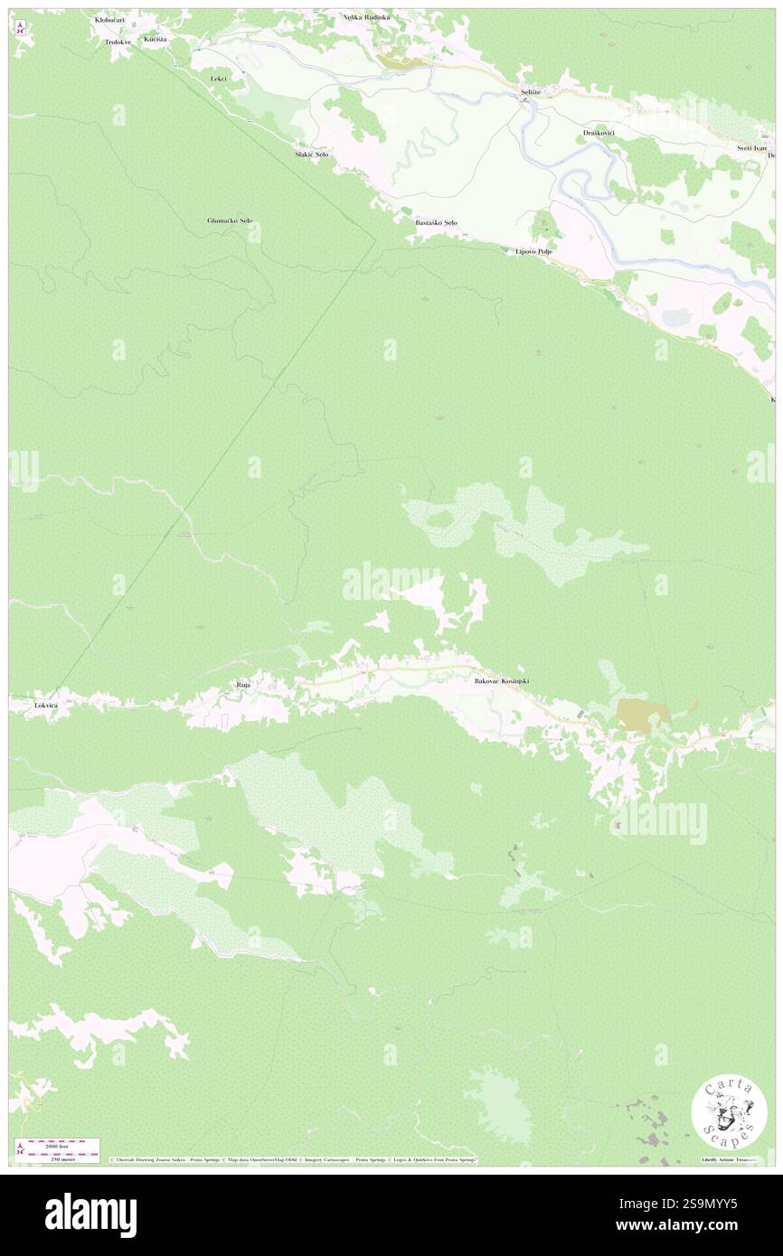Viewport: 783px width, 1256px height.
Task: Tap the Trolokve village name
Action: pos(118,42)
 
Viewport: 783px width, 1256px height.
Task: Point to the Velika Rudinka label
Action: pos(365,17)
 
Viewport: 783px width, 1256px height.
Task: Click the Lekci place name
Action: pos(218,79)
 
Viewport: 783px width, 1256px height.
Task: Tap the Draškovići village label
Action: pos(599,133)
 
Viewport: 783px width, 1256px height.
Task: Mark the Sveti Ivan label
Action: pos(751,147)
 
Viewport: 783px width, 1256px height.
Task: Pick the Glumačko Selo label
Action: pos(230,220)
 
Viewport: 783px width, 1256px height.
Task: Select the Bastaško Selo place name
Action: pos(436,222)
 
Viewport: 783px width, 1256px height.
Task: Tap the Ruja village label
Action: pos(243,686)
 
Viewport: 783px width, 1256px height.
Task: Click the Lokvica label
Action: pos(46,704)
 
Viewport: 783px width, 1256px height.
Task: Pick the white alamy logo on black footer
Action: pos(90,1214)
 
